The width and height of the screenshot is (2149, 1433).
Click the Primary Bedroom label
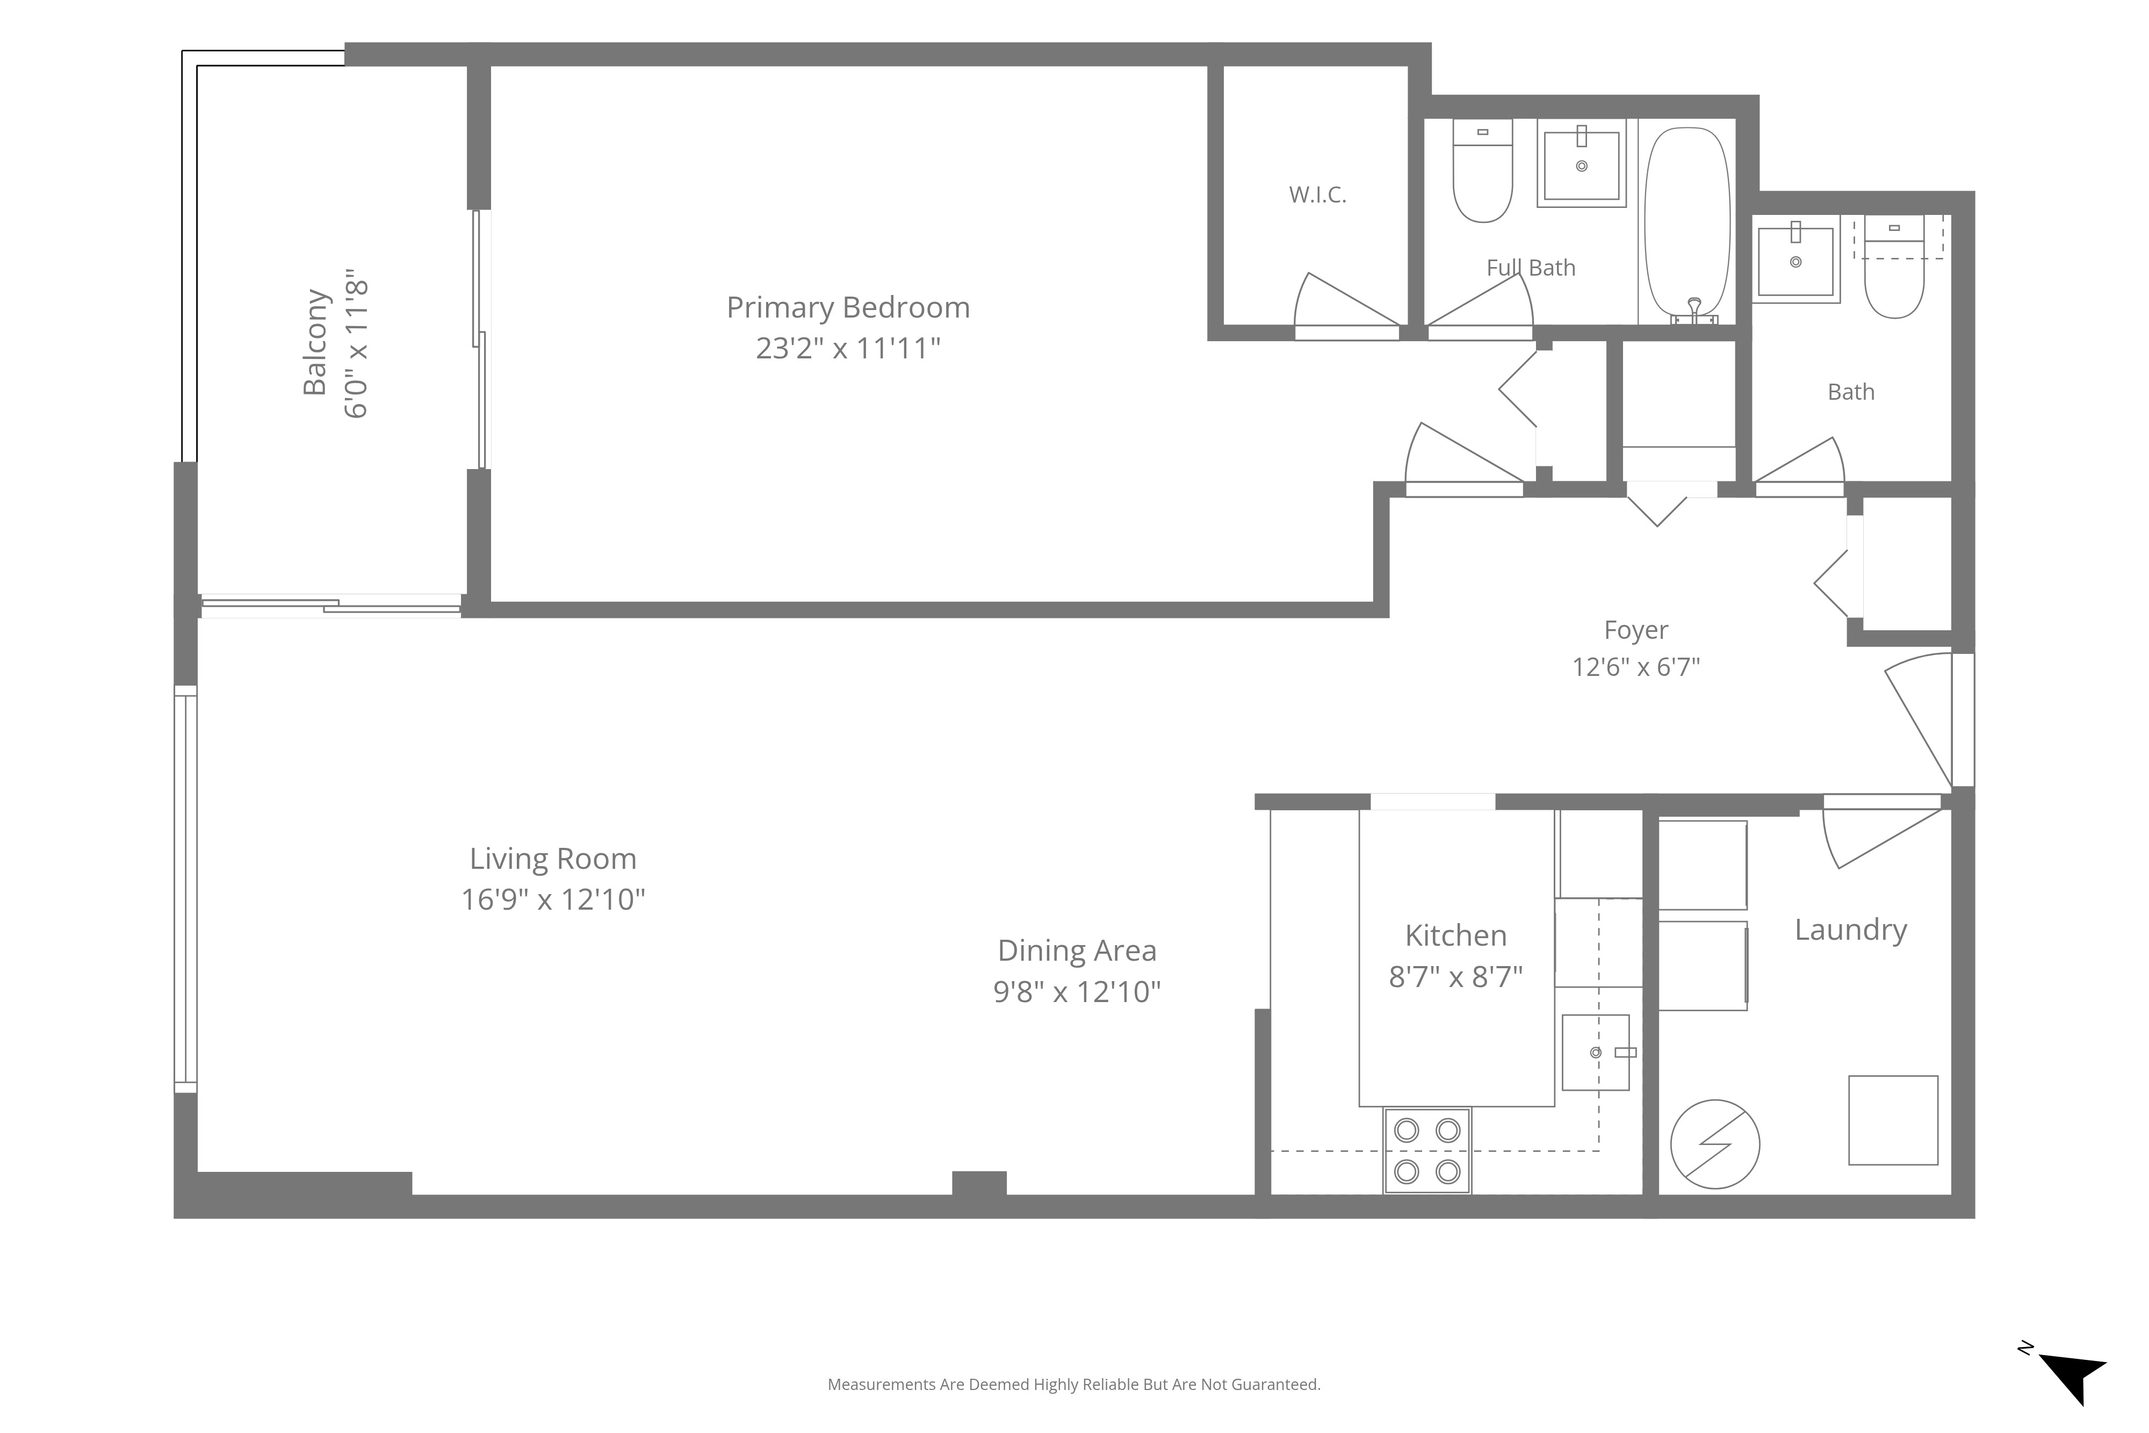848,307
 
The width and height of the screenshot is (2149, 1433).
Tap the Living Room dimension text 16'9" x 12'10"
553,899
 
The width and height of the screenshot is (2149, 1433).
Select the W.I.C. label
1317,195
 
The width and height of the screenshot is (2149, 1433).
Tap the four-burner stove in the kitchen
1426,1150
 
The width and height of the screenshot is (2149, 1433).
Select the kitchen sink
1596,1052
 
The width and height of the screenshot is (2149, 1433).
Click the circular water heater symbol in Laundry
1715,1144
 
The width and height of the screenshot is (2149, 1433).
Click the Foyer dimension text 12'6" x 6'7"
1635,667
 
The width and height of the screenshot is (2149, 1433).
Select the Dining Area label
1077,950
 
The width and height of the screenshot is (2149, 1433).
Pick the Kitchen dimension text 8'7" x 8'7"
1455,977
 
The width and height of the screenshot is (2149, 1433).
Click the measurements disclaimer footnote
1073,1385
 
